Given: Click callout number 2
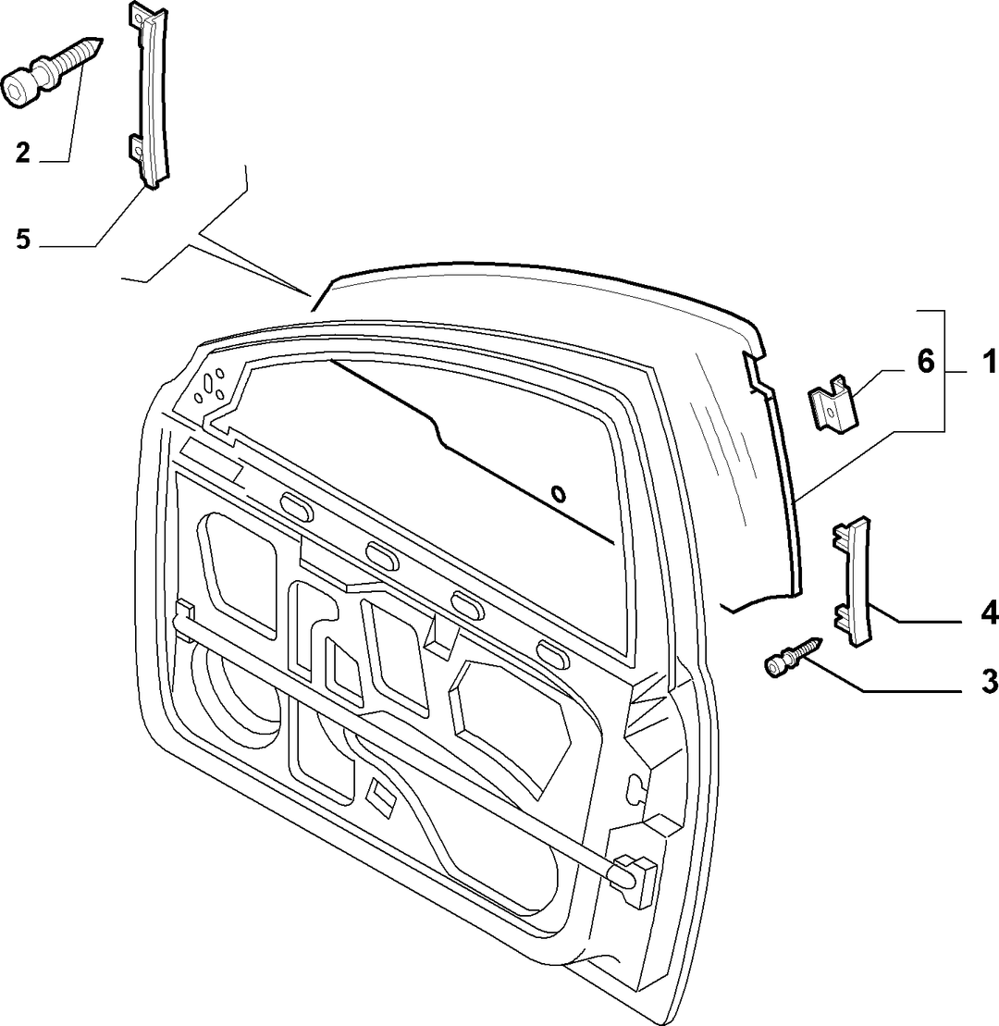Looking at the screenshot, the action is (x=23, y=154).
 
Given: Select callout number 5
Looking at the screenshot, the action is (x=23, y=239).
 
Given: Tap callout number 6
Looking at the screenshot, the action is (x=926, y=361).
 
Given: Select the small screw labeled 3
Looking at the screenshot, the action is (x=792, y=657).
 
